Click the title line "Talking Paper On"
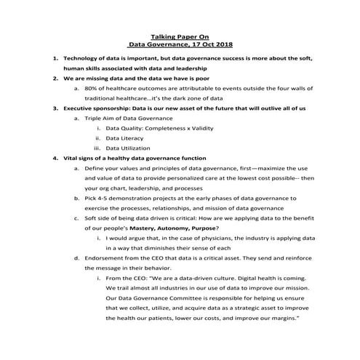(180, 34)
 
